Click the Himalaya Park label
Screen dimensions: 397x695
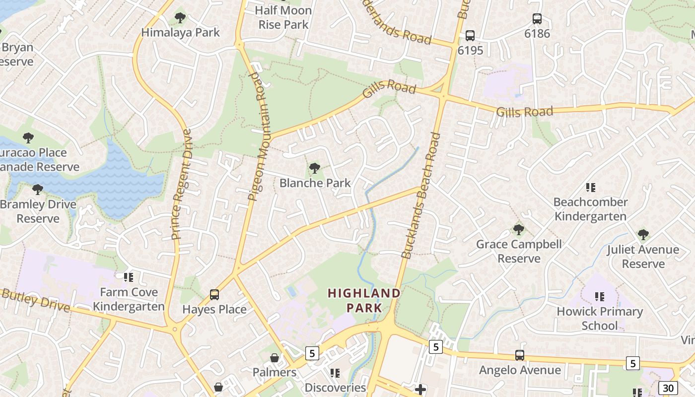(x=180, y=33)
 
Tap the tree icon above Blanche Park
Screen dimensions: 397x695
(x=314, y=168)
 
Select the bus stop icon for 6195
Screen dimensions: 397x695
(x=470, y=36)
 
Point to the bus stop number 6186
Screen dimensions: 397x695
(x=537, y=34)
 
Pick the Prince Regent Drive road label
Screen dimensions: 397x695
(x=181, y=184)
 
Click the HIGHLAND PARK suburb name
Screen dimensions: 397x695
(x=364, y=300)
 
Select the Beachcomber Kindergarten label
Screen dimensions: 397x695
(x=590, y=209)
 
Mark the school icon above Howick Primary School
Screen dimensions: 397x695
(x=599, y=297)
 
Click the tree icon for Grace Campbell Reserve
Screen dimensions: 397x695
(x=519, y=230)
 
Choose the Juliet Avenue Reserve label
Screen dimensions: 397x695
(x=643, y=256)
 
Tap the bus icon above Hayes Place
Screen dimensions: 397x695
(x=214, y=295)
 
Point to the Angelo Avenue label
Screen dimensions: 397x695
(x=520, y=370)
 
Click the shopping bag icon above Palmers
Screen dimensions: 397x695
(x=274, y=358)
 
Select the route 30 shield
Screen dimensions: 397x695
(x=668, y=388)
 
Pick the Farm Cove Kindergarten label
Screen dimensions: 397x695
(x=129, y=299)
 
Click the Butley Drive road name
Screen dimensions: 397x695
(x=36, y=300)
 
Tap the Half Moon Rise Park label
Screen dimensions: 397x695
(x=283, y=17)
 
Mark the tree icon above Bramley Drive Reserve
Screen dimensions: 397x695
(x=38, y=189)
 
